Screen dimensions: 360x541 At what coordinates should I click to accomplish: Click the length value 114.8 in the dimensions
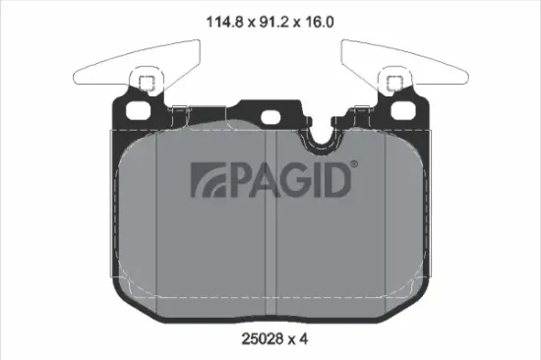(x=219, y=19)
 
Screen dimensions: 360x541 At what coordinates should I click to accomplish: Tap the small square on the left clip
(x=144, y=82)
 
